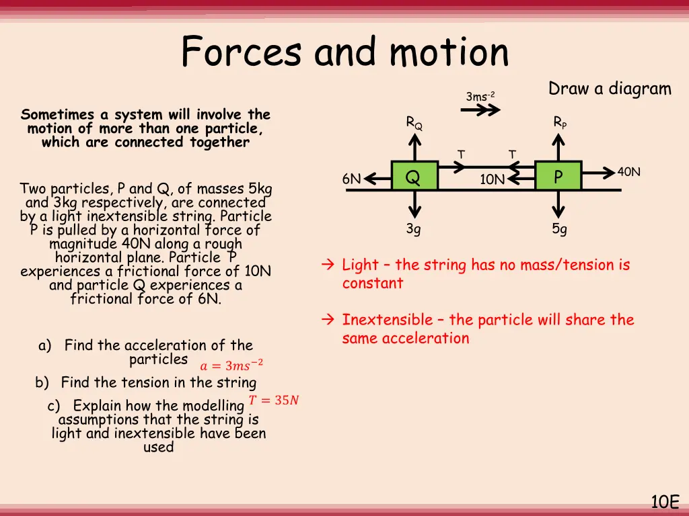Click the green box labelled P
coord(558,176)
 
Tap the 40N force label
coord(629,172)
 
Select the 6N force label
coord(351,179)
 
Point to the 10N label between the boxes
coord(492,179)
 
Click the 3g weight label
coord(414,229)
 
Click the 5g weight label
coord(559,229)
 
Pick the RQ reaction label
coord(414,123)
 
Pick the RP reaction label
coord(560,122)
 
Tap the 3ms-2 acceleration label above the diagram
coord(480,97)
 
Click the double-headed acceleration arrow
coord(479,112)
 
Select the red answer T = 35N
coord(274,400)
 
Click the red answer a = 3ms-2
coord(231,365)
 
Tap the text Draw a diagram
coord(610,89)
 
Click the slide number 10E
coord(665,501)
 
